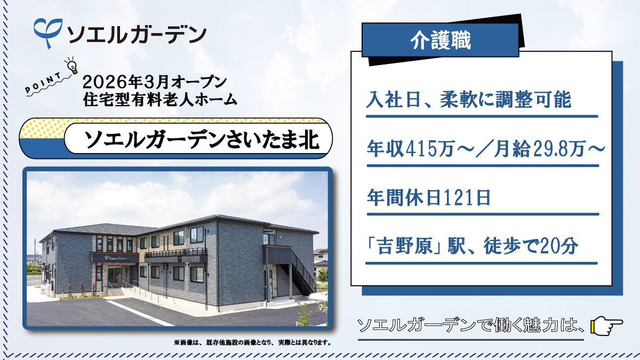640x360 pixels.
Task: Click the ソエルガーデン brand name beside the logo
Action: coord(136,34)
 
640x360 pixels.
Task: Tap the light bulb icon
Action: coord(71,65)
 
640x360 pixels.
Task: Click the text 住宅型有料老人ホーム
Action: coord(160,99)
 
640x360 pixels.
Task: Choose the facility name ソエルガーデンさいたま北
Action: coord(202,140)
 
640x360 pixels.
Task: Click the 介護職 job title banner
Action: coord(440,41)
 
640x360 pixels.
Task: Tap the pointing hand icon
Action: coord(607,324)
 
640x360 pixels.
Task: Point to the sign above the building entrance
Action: coord(114,258)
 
